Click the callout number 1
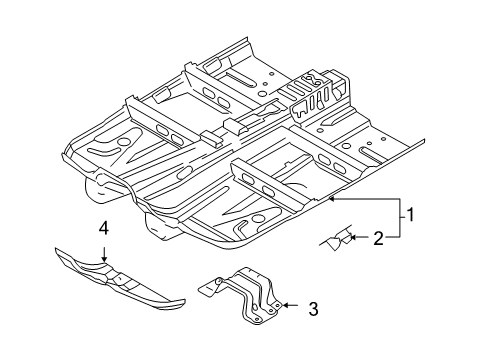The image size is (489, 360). (410, 215)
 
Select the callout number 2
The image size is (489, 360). (378, 239)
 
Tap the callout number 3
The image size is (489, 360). (313, 309)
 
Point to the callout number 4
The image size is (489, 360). (104, 228)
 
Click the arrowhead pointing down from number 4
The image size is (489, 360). (104, 259)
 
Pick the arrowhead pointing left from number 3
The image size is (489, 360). (285, 305)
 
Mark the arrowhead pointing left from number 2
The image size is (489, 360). (354, 237)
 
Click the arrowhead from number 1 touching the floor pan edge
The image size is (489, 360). (332, 199)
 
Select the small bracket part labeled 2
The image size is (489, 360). (337, 239)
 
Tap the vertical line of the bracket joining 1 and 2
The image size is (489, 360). (400, 218)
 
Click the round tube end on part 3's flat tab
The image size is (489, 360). (219, 281)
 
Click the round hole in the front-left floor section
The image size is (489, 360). (124, 142)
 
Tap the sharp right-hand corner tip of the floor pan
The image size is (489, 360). (424, 140)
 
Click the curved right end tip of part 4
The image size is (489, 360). (183, 302)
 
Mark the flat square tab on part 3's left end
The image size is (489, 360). (207, 288)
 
